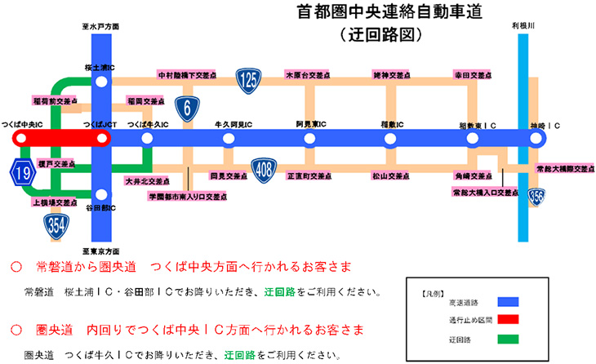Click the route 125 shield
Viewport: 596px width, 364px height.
[248, 80]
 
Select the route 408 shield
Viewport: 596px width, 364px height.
[262, 168]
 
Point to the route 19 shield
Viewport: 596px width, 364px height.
[22, 172]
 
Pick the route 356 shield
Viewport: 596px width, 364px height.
[536, 196]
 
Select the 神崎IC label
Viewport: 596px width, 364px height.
[545, 125]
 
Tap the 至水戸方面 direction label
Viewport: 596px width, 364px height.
[101, 27]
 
